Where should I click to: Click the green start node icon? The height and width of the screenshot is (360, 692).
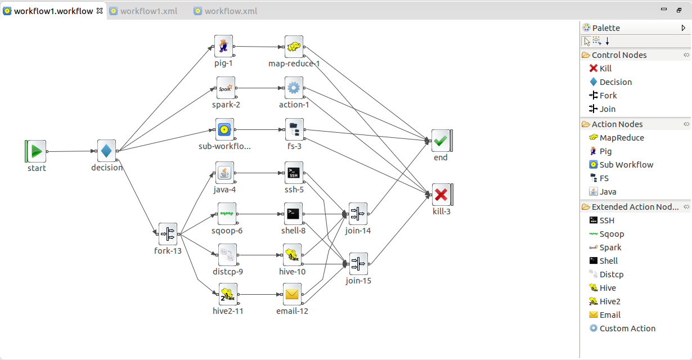(x=37, y=151)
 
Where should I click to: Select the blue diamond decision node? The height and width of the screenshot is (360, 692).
(x=106, y=150)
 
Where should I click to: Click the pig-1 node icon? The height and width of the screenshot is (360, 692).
(x=223, y=46)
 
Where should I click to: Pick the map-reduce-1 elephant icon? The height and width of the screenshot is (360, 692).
(x=294, y=47)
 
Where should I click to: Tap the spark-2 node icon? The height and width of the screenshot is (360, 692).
(x=225, y=88)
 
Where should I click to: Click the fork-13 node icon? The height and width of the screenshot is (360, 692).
(x=168, y=233)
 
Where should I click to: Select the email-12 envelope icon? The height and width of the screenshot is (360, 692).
(x=292, y=294)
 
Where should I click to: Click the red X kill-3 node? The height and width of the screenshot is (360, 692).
(x=441, y=195)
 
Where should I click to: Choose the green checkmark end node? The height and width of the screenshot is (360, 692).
(x=440, y=141)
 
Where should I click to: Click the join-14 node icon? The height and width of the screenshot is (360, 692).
(x=358, y=214)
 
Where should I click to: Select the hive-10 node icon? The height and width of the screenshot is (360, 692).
(x=292, y=255)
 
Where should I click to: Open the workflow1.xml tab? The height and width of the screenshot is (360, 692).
(x=149, y=11)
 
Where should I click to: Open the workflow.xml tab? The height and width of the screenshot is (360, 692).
(x=231, y=11)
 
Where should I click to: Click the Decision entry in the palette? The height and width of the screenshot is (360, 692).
(x=615, y=82)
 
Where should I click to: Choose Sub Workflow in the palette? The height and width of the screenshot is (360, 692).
(x=626, y=165)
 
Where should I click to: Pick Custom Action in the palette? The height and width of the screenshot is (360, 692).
(x=627, y=328)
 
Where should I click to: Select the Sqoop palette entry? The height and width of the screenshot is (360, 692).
(x=612, y=234)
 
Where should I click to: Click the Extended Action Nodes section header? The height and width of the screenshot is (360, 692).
(x=635, y=207)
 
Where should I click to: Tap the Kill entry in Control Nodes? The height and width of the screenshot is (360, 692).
(x=605, y=69)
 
